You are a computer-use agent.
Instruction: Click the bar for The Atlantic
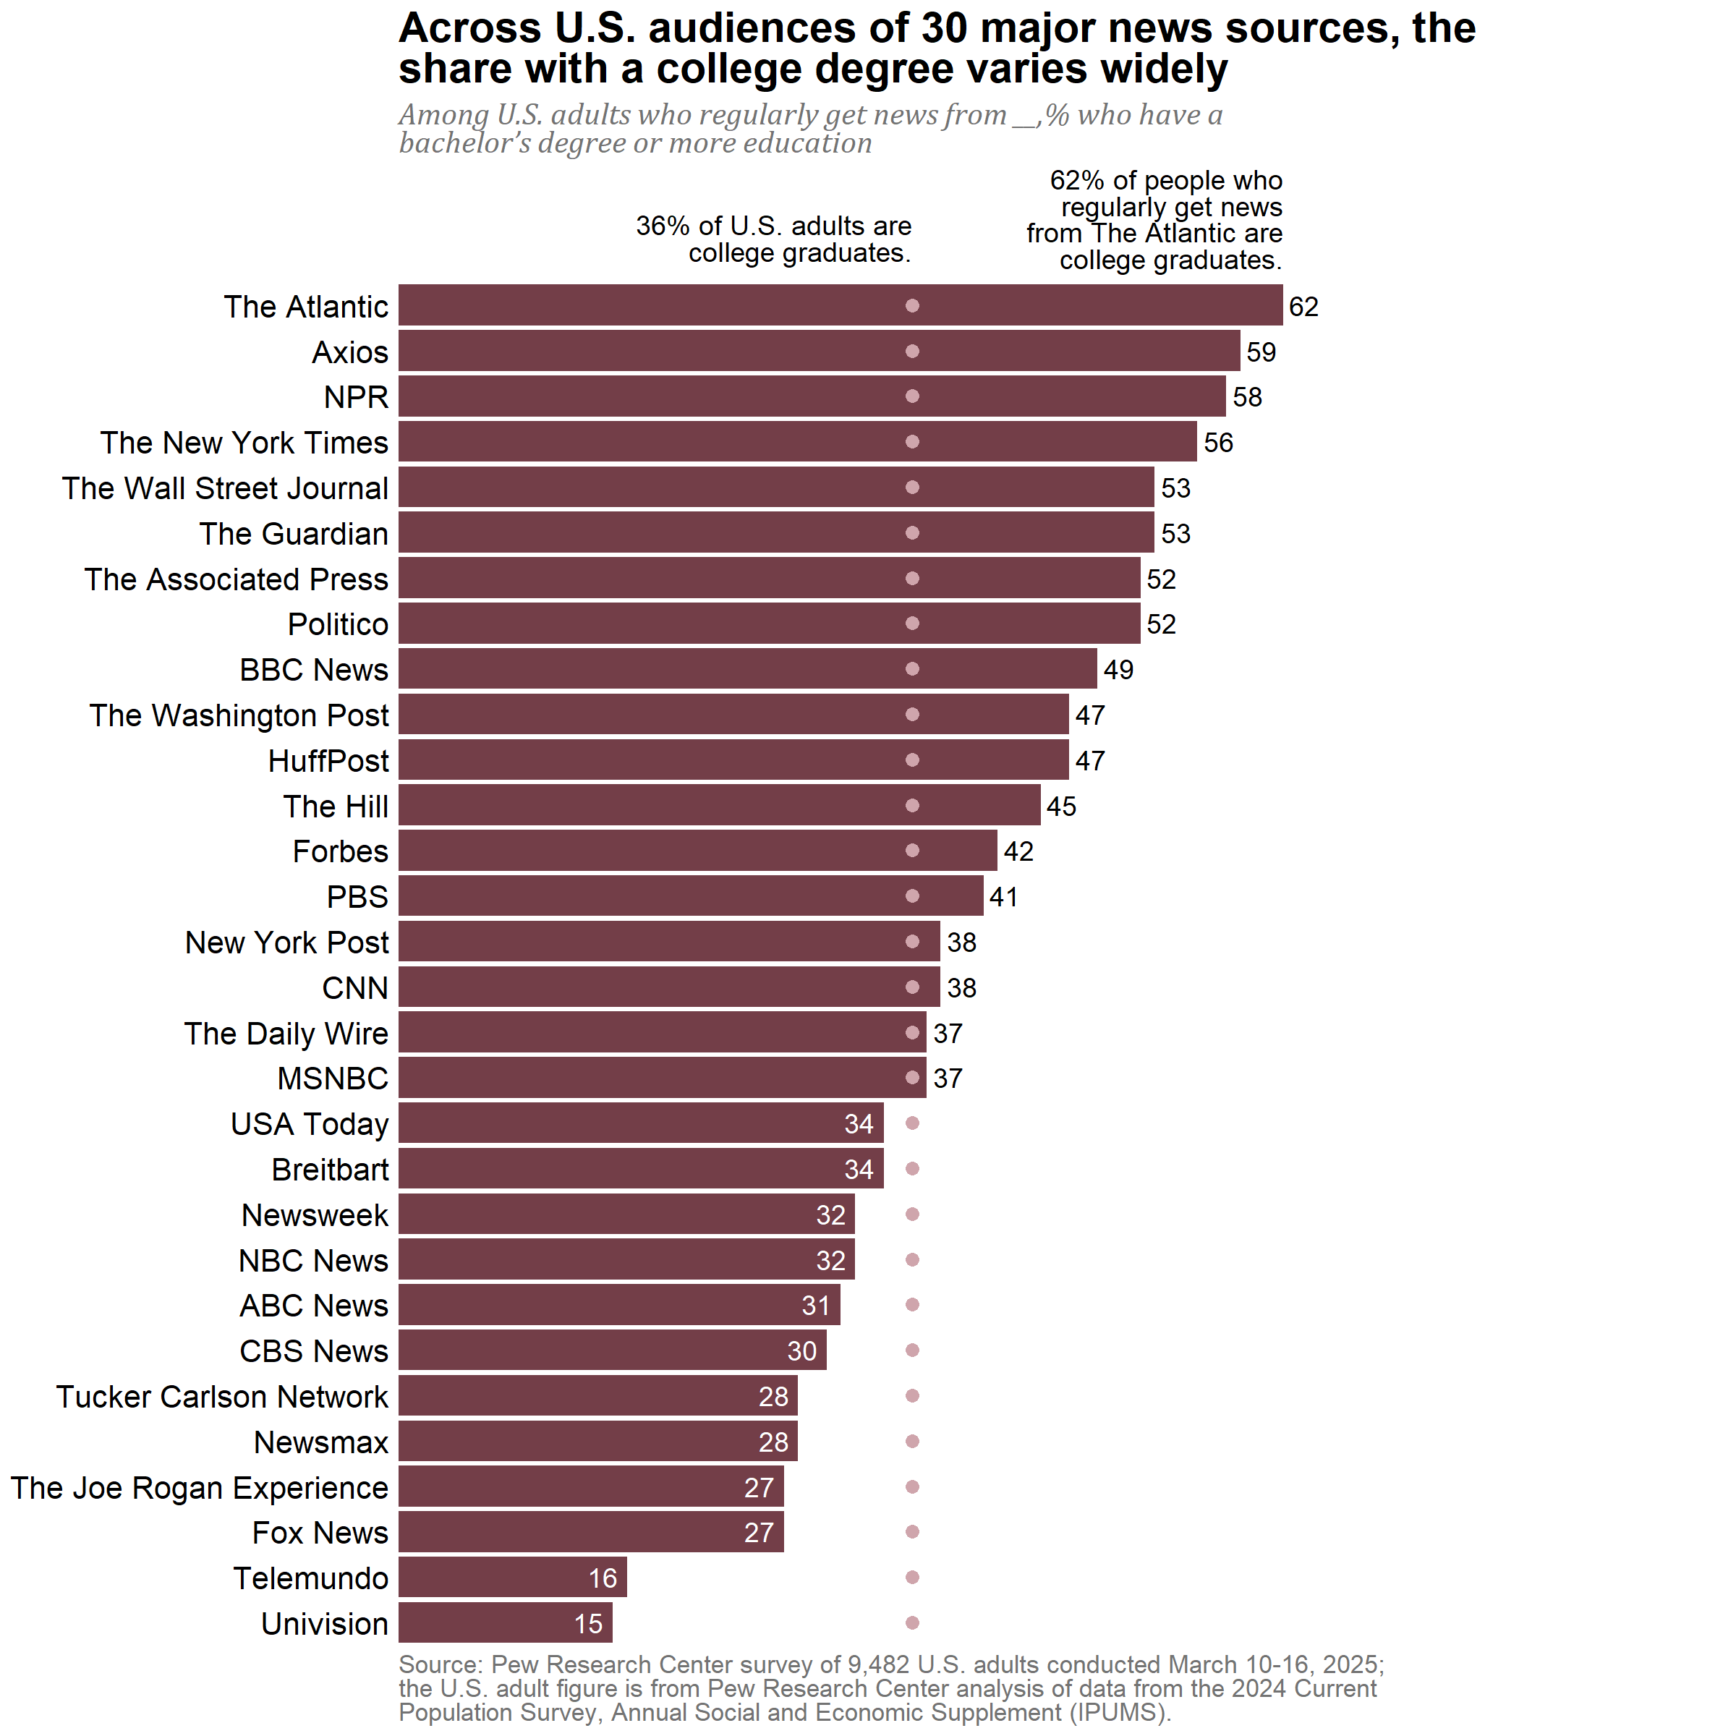(840, 305)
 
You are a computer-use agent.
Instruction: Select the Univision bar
(505, 1622)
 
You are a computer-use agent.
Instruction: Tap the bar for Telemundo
(512, 1577)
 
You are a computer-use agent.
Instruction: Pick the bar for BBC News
(748, 668)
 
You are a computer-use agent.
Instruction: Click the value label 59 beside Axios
(1261, 352)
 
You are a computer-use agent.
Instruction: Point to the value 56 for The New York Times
(1217, 443)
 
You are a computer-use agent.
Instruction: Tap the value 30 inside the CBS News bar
(801, 1350)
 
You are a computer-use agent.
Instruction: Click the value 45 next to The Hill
(1060, 806)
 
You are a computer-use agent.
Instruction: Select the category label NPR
(356, 397)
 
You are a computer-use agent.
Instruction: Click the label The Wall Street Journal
(225, 488)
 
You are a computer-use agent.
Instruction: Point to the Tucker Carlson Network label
(222, 1396)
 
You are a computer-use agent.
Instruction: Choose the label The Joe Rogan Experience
(200, 1487)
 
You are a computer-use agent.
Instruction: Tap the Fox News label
(320, 1532)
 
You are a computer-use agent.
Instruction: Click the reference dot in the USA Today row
(912, 1123)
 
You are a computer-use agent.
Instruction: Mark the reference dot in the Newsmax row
(912, 1442)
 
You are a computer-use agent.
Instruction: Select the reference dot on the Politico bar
(912, 624)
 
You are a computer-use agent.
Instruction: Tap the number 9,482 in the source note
(885, 1665)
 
